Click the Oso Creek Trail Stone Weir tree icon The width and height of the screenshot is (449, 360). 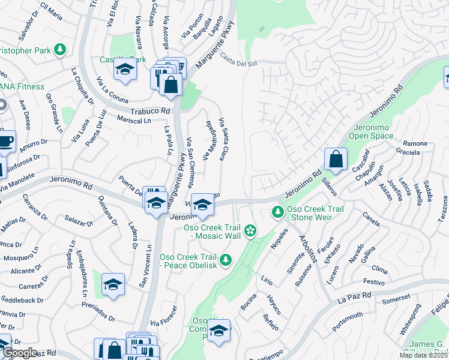277,212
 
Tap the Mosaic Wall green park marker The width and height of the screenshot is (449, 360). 251,230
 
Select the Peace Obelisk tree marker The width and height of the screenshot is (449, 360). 226,260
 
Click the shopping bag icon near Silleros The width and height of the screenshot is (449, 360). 336,160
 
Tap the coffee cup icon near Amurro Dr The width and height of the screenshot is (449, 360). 5,141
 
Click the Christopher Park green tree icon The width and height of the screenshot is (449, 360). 59,49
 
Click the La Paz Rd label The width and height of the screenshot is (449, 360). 354,295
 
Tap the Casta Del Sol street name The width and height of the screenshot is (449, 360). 238,60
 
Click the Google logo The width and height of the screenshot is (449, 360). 19,353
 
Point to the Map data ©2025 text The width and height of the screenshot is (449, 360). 423,355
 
